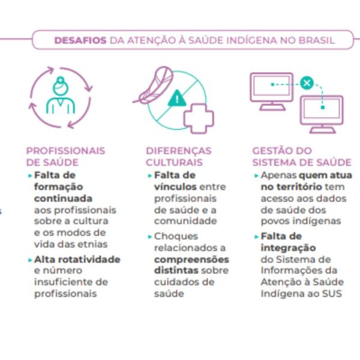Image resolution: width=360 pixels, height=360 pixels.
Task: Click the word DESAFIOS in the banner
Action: pos(80,40)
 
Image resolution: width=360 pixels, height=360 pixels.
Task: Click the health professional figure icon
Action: pos(61,95)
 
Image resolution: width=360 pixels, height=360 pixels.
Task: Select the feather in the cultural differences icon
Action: pos(154,85)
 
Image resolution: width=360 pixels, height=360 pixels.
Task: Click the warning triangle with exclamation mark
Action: pos(177,98)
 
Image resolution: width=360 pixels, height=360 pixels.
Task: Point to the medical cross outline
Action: pos(199,118)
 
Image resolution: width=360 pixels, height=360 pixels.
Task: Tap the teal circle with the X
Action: pos(307,83)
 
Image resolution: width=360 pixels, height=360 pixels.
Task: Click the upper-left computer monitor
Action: pos(272,91)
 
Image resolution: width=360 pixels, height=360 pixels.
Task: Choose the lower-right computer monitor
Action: pos(322,115)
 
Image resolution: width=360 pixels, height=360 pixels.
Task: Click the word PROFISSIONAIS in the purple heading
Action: pos(65,151)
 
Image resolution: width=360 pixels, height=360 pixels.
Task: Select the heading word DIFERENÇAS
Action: pos(179,151)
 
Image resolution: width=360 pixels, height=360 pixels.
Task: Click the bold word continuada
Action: pos(63,199)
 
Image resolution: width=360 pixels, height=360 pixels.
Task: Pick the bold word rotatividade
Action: pos(90,259)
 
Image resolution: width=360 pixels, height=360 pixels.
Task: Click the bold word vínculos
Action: pos(175,187)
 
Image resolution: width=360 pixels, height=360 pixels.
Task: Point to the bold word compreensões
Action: pos(192,260)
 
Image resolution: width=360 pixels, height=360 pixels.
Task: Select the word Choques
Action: pos(176,236)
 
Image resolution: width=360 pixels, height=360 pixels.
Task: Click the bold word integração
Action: pos(289,248)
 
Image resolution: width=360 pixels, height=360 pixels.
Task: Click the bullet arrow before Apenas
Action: pos(256,176)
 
